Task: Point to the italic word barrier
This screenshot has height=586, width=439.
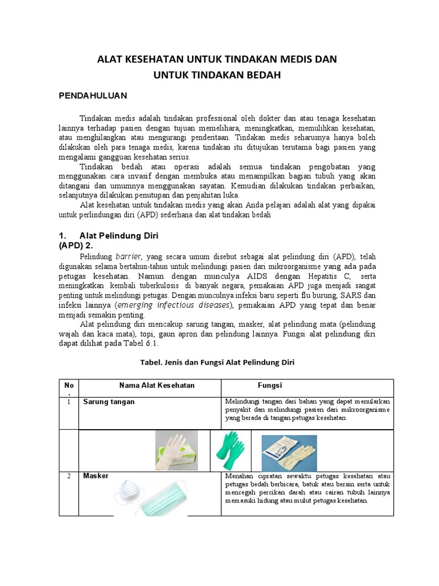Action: click(129, 256)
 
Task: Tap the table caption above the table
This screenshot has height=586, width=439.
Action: click(217, 363)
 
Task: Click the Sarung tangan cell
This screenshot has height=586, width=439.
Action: click(109, 402)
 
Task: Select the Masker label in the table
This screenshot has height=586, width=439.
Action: click(95, 476)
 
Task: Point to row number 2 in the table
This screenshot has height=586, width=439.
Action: click(68, 476)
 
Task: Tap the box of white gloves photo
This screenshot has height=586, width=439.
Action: click(177, 450)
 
